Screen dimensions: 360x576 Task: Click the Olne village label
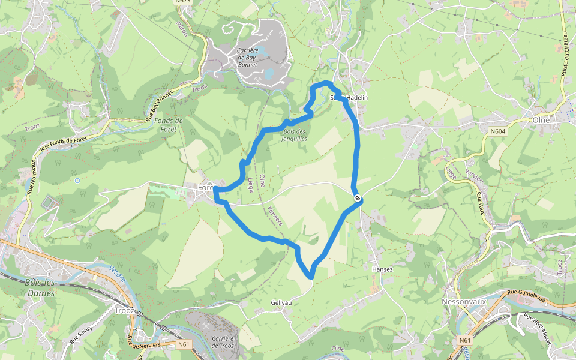click(541, 119)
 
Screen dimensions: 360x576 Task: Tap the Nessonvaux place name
click(463, 301)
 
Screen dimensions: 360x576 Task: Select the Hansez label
click(382, 269)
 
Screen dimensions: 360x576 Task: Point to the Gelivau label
click(281, 302)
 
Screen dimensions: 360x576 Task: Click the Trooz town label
click(125, 311)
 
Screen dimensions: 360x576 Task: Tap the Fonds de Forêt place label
click(169, 124)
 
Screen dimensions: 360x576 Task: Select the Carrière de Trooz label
click(223, 342)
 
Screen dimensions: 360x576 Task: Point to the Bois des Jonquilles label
click(295, 135)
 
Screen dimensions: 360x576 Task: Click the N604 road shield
click(498, 131)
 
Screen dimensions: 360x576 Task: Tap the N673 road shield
click(183, 2)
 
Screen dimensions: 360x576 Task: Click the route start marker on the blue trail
click(358, 197)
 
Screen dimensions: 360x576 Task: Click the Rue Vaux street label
click(480, 203)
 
